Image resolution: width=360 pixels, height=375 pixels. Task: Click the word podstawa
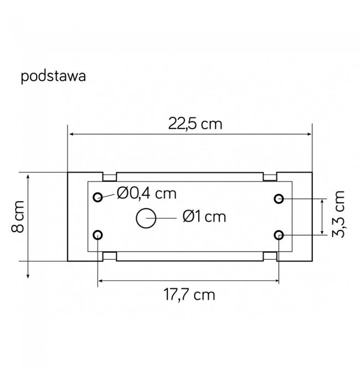pos(53,76)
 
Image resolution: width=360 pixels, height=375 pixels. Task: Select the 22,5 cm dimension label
pos(195,124)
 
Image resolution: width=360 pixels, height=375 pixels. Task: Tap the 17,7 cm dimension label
pos(189,294)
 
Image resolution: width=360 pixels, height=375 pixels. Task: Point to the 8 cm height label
pos(18,217)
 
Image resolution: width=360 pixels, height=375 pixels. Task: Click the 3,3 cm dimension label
pos(338,214)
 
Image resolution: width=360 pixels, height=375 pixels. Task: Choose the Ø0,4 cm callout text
pos(147,193)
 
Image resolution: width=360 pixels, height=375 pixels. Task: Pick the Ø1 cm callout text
pos(204,217)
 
